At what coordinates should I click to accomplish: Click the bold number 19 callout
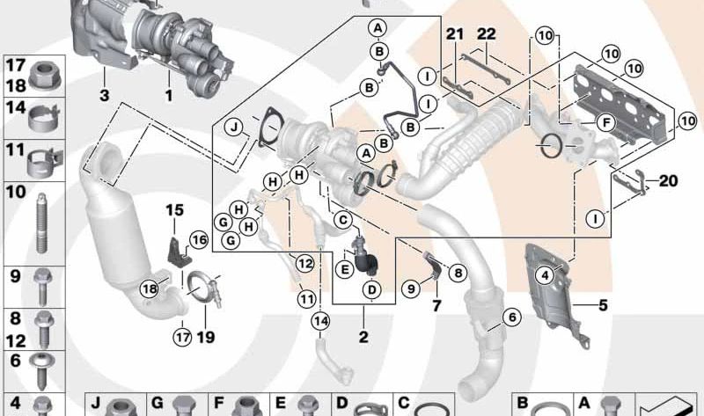(206, 337)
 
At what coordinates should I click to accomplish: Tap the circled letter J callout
(234, 127)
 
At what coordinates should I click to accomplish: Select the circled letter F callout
(606, 122)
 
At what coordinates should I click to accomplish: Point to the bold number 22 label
(487, 33)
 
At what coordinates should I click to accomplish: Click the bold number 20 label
(668, 181)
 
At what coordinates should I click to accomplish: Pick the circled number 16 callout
(199, 239)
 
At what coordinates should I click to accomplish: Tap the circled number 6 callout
(512, 317)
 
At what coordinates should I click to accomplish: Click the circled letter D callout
(371, 289)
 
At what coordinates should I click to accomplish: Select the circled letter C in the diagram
(343, 220)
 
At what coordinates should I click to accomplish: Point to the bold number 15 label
(174, 209)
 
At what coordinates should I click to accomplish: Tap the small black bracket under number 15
(179, 252)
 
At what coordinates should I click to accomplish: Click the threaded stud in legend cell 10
(41, 223)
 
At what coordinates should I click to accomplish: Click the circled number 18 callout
(150, 288)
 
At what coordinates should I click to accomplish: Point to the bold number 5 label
(603, 305)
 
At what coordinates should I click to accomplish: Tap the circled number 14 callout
(320, 320)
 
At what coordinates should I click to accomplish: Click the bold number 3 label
(104, 95)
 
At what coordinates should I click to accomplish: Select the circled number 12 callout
(304, 263)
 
